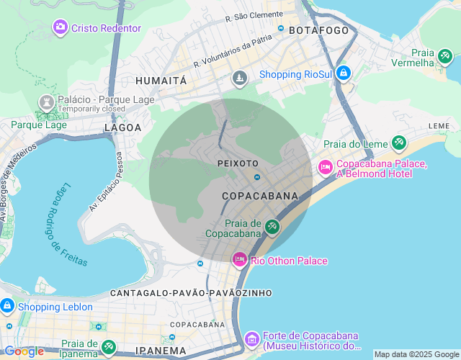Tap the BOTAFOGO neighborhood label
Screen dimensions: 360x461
318,30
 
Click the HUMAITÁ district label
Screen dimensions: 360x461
161,81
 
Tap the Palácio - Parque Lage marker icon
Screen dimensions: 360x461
46,101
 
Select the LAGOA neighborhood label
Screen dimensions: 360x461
122,127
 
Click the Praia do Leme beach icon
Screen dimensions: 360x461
398,143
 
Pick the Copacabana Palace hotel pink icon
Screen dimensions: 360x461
325,168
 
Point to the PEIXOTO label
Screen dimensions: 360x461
238,163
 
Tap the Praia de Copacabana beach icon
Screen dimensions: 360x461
272,228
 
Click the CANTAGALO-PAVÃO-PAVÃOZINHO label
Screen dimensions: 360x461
191,293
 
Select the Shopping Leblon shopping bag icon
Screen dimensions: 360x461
7,306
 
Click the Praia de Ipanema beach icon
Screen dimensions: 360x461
108,348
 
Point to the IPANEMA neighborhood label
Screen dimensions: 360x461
161,351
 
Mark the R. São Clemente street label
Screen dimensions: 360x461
254,16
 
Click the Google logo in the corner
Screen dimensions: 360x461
24,351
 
